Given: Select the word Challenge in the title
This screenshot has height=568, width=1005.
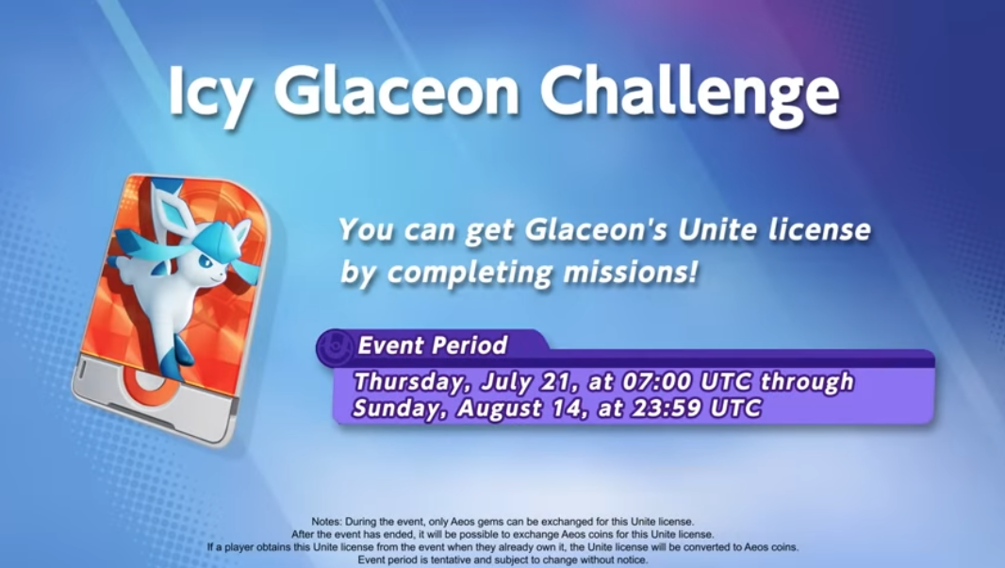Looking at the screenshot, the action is pyautogui.click(x=690, y=93).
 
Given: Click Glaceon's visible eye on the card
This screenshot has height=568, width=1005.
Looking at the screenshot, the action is pyautogui.click(x=206, y=261).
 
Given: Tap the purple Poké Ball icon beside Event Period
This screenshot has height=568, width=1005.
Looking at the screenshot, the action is pyautogui.click(x=335, y=347).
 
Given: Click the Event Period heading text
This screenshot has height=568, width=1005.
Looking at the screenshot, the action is pyautogui.click(x=433, y=345).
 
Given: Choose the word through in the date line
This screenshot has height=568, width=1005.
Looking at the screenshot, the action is pyautogui.click(x=807, y=382).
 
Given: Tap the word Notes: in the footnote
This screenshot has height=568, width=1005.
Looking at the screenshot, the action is pyautogui.click(x=325, y=522).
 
